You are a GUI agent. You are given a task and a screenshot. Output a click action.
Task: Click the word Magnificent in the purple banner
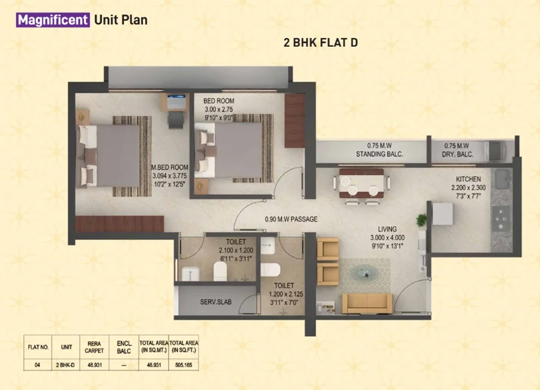[x=53, y=20]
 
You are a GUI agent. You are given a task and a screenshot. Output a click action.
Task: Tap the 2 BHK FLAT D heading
[x=320, y=43]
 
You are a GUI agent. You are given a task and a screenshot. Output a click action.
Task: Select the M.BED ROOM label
[x=170, y=167]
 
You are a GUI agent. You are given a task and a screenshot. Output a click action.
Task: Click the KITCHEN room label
[x=469, y=179]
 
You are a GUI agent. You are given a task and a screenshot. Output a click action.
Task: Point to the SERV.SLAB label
[x=216, y=302]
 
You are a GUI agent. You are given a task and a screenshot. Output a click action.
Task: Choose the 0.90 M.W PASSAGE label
[x=292, y=219]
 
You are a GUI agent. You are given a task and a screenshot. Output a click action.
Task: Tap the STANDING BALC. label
[x=380, y=154]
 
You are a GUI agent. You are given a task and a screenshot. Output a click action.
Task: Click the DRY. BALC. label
[x=458, y=154]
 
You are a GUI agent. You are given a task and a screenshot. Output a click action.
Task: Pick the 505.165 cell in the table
[x=184, y=365]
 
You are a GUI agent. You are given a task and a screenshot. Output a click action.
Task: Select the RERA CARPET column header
[x=94, y=347]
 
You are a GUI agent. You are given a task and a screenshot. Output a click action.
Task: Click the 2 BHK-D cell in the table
[x=65, y=365]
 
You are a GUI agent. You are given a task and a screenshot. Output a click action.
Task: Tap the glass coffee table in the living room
[x=364, y=273]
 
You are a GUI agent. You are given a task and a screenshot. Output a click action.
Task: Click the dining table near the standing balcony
[x=361, y=183]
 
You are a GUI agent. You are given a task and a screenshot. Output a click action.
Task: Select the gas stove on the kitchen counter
[x=501, y=218]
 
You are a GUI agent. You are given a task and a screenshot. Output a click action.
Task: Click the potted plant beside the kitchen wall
[x=421, y=220]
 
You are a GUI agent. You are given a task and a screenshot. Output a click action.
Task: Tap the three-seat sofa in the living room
[x=367, y=304]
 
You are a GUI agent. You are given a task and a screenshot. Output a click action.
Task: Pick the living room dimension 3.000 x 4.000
[x=388, y=238]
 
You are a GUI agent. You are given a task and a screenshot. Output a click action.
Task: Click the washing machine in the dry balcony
[x=494, y=151]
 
